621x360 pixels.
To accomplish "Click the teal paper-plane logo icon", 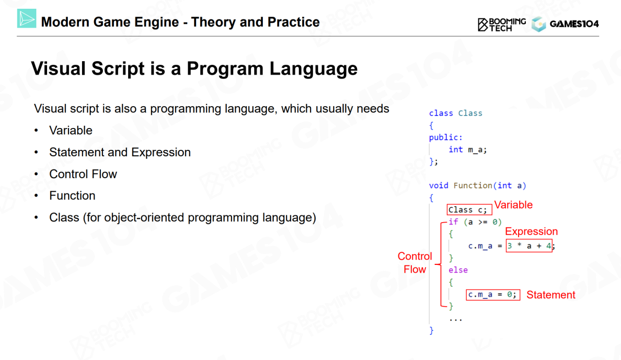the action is pyautogui.click(x=27, y=18).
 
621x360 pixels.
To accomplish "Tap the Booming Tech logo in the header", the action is pyautogui.click(x=502, y=24).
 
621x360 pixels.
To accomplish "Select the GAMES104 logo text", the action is pyautogui.click(x=574, y=24).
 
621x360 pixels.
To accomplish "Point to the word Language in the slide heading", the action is pyautogui.click(x=313, y=68).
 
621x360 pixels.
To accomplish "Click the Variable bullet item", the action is pyautogui.click(x=71, y=131).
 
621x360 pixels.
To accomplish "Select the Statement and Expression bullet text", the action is pyautogui.click(x=120, y=152).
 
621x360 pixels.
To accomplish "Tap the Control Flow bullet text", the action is pyautogui.click(x=83, y=174).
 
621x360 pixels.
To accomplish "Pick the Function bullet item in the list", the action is pyautogui.click(x=72, y=196).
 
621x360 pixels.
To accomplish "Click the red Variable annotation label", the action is pyautogui.click(x=513, y=205).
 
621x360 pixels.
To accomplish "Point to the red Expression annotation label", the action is pyautogui.click(x=531, y=231).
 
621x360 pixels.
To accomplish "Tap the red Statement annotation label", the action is pyautogui.click(x=551, y=295).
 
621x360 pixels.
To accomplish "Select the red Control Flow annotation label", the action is pyautogui.click(x=415, y=262).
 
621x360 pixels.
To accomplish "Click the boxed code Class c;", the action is pyautogui.click(x=469, y=210).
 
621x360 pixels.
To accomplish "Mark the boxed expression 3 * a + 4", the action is pyautogui.click(x=529, y=245).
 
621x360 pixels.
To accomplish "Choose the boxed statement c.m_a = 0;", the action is pyautogui.click(x=493, y=295).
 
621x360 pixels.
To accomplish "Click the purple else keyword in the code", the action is pyautogui.click(x=458, y=270).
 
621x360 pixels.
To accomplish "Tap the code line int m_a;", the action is pyautogui.click(x=467, y=150).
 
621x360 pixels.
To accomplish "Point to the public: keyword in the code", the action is pyautogui.click(x=445, y=137).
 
